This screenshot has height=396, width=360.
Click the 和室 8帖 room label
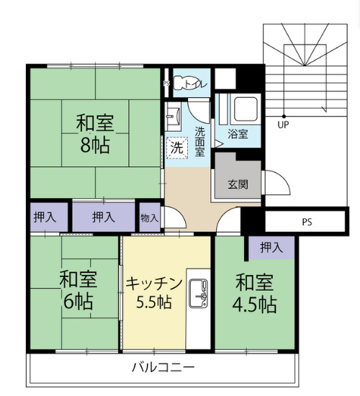95,134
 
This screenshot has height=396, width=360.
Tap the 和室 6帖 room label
78,290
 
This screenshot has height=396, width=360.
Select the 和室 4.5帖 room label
254,294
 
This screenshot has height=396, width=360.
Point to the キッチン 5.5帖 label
154,293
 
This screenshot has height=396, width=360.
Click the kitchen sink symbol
198,294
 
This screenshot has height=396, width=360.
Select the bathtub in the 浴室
246,109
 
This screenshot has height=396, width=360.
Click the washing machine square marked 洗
177,148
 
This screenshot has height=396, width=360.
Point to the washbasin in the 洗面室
173,116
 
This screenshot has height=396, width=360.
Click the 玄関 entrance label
238,184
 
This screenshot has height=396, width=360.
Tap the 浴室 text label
238,134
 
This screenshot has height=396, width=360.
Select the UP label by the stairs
283,125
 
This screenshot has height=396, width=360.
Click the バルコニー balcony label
163,367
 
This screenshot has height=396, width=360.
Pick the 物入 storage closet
150,217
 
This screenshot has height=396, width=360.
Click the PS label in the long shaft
307,222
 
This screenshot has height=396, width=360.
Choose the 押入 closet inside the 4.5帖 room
271,248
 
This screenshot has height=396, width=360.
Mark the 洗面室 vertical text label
199,142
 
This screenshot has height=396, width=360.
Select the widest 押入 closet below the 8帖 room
104,217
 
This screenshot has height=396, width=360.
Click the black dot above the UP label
284,117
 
